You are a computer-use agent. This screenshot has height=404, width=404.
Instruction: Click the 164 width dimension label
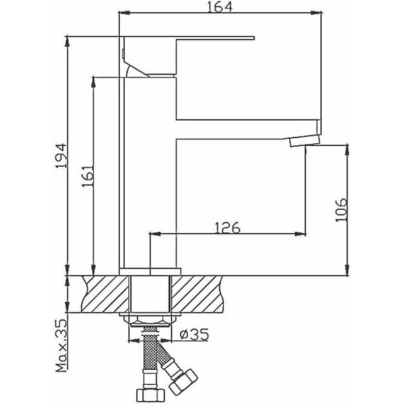pos(217,7)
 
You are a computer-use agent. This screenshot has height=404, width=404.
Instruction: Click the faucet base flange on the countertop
pos(150,271)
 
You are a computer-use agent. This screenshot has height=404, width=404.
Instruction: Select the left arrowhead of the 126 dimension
pos(155,234)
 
